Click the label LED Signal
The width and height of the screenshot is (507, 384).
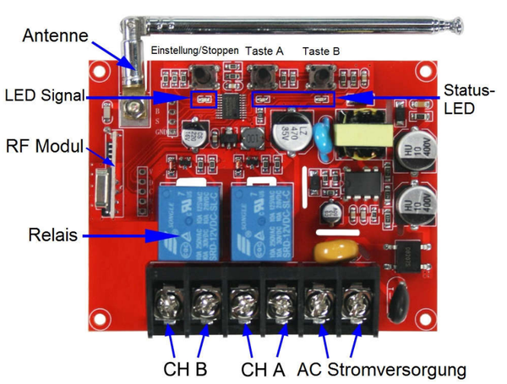(44, 95)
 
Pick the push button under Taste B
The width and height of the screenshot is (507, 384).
(323, 76)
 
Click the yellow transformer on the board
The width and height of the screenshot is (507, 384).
(355, 138)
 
